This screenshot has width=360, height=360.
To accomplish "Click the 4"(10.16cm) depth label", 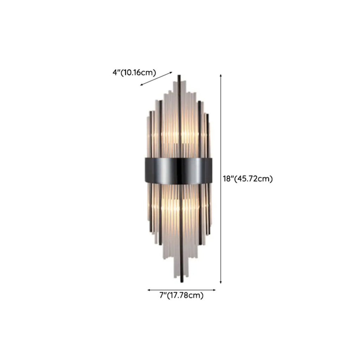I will point(134,73).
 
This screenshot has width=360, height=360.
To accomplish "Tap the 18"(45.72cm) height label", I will point(248,179).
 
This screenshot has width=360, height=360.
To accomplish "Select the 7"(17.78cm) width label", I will point(181,295).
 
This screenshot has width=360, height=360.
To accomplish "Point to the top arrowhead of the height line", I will point(221,76).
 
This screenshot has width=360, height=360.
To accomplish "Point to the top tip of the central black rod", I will point(179,76).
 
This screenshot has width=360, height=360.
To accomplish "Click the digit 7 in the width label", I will point(161,295).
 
